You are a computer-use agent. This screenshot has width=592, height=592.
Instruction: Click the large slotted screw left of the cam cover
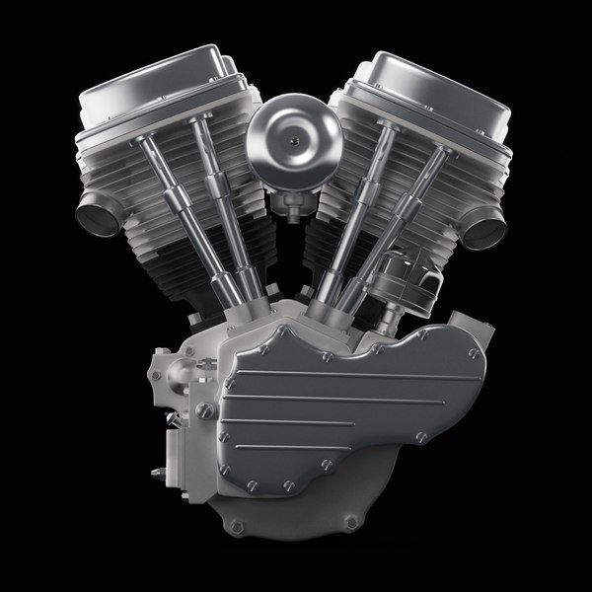(205, 408)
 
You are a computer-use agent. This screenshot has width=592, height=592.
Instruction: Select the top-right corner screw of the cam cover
(474, 352)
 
